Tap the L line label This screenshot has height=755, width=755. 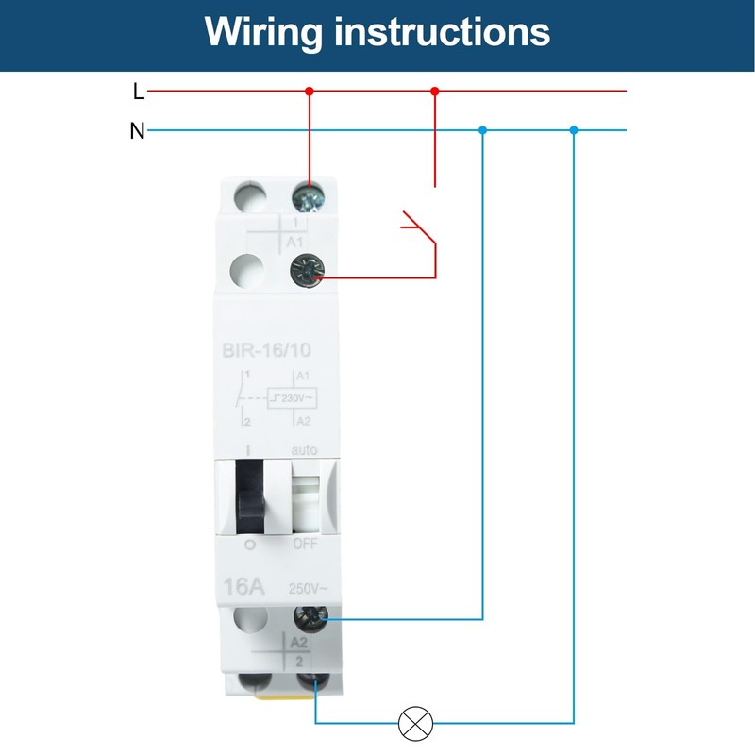coord(139,92)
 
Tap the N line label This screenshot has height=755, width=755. coord(138,131)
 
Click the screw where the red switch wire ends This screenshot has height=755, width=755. coord(307,270)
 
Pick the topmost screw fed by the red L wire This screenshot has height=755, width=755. coord(308,197)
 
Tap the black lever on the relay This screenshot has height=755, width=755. coord(251,495)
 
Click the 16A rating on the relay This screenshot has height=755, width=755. coord(244,586)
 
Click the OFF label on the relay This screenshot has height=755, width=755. coord(304,545)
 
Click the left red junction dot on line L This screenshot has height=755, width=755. coord(309,92)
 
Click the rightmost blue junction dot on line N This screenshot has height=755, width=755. coord(573,130)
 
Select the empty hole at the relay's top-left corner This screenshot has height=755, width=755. coord(248,197)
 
